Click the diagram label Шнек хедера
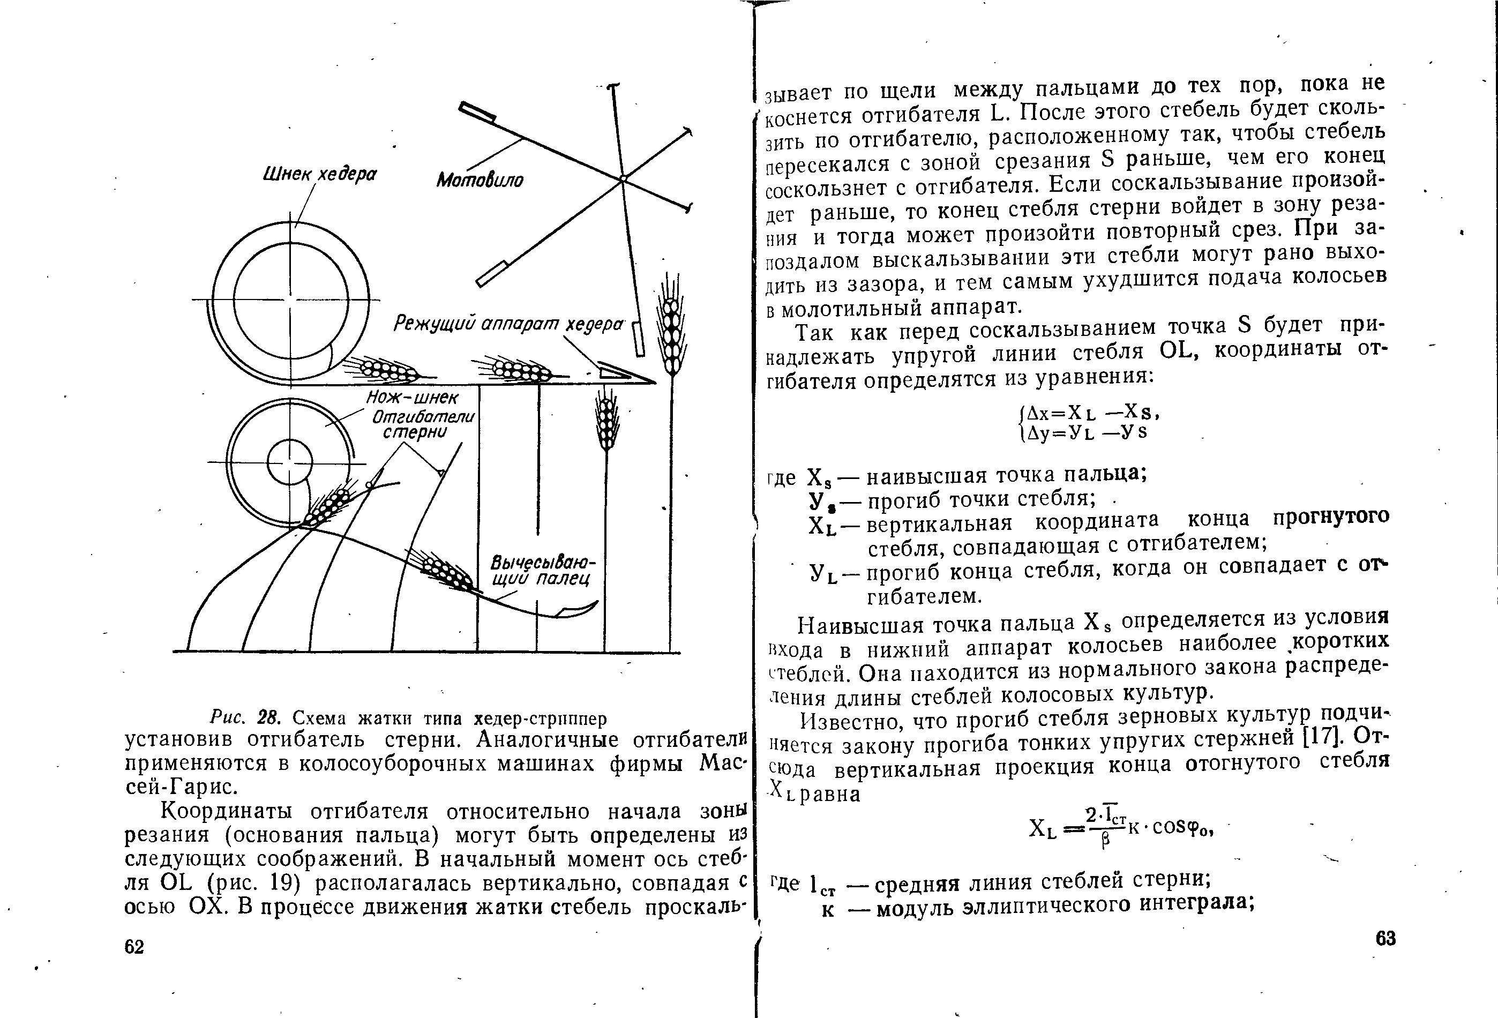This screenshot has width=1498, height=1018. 319,174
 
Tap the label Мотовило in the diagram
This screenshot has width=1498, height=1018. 480,180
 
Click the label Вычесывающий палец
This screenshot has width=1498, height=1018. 542,571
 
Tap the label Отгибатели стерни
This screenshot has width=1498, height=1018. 423,424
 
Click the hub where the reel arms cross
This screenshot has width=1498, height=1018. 623,178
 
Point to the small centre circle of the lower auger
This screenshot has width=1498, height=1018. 289,463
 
